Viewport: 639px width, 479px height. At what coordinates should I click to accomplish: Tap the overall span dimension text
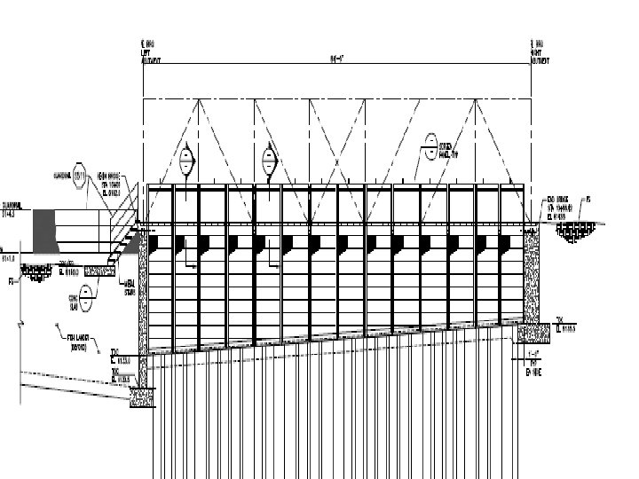[x=336, y=59]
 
